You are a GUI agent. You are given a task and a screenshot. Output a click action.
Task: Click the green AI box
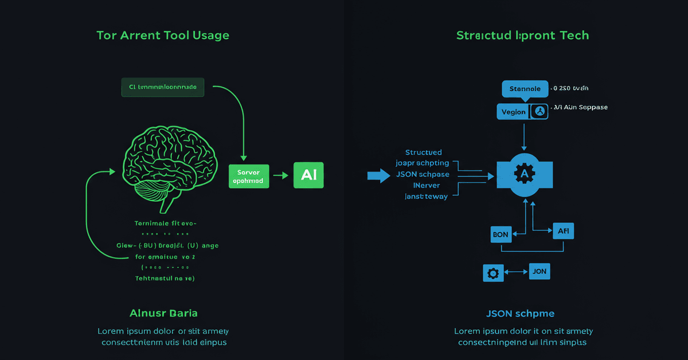pos(308,175)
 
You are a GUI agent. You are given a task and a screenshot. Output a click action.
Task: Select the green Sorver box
pos(249,175)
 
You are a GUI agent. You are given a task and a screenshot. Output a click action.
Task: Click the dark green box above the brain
pos(163,87)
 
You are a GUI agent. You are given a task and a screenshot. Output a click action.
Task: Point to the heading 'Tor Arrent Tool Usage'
pos(163,36)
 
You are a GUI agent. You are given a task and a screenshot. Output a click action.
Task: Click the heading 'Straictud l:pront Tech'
pos(522,36)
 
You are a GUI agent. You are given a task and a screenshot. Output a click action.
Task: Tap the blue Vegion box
pos(513,112)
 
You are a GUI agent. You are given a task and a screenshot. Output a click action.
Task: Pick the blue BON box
pos(501,234)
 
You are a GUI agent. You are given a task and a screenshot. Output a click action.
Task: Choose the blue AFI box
pos(563,231)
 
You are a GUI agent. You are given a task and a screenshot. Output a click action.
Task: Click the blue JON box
pos(539,271)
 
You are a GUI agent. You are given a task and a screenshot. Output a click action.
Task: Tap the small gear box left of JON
pos(492,273)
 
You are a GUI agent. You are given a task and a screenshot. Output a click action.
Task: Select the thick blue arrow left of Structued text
pos(378,175)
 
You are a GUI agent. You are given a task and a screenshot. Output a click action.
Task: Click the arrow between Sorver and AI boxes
pos(281,175)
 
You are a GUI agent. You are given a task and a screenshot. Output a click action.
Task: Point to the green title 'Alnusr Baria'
pos(163,313)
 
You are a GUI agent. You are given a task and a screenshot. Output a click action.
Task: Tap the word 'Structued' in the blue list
pos(423,152)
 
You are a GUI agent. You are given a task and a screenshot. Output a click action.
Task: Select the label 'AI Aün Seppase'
pos(581,107)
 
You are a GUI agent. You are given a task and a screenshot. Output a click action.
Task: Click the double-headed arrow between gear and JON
pos(516,272)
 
